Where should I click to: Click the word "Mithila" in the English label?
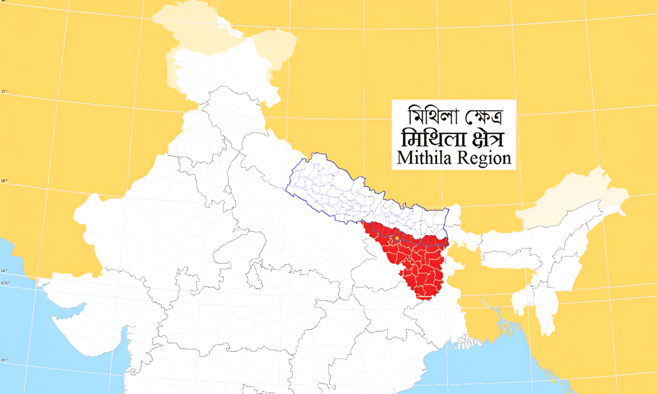coord(425,158)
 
